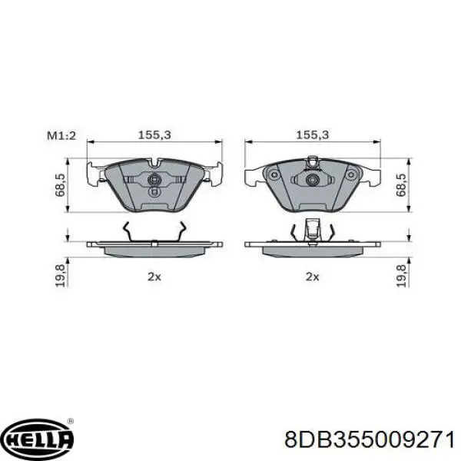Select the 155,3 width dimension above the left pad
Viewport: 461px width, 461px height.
(154, 134)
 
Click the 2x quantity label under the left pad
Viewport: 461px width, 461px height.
(154, 277)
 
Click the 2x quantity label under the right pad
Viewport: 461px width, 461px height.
(311, 277)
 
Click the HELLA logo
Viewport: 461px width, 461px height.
(38, 439)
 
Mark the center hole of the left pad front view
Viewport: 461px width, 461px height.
(154, 181)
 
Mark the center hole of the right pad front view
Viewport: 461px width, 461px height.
(312, 181)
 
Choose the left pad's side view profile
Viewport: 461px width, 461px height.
(154, 248)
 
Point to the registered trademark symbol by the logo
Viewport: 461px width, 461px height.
(71, 422)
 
